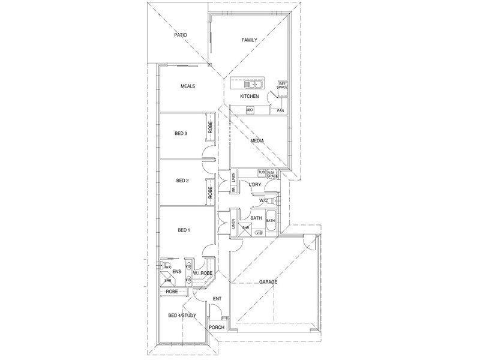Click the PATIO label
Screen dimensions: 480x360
coord(181,35)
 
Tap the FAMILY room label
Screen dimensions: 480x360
coord(249,40)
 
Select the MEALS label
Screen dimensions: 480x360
coord(188,86)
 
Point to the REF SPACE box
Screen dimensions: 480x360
coord(282,86)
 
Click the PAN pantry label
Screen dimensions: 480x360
coord(280,110)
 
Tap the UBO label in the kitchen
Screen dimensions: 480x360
coord(249,110)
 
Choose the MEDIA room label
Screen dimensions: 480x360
coord(257,142)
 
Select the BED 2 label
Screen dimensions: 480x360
coord(182,180)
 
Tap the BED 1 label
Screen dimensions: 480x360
coord(183,230)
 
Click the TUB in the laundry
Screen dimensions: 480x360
coord(261,173)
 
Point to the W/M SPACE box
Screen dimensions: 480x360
coord(274,174)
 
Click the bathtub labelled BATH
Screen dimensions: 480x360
coord(271,220)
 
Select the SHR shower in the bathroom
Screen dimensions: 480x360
coord(245,229)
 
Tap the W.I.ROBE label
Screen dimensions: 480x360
coord(202,272)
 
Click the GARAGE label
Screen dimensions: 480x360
coord(268,281)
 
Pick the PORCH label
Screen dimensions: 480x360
coord(216,327)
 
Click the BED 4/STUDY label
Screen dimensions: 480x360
coord(180,316)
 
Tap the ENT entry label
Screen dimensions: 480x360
coord(217,298)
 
